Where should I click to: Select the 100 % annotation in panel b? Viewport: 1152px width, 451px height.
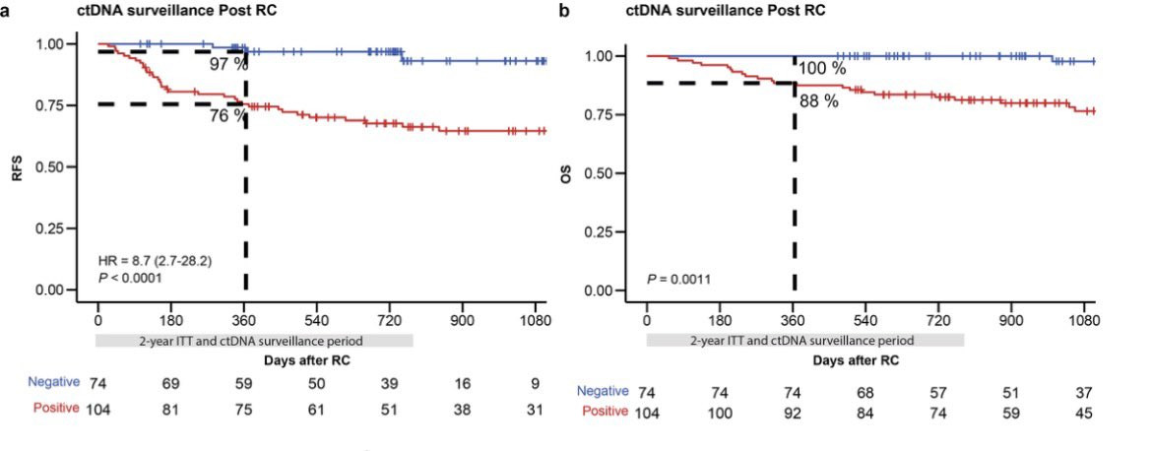coord(821,69)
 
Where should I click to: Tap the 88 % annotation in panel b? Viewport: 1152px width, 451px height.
coord(818,100)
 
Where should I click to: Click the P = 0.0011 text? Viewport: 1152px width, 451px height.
coord(679,280)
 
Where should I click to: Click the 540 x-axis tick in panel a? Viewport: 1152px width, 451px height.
coord(317,321)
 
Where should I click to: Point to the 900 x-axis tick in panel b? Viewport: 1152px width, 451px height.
coord(1012,321)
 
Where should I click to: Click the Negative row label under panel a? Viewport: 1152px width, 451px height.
coord(53,381)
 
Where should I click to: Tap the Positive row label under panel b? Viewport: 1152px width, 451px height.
coord(603,411)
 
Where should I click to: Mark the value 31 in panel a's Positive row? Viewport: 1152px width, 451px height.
coord(534,410)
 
